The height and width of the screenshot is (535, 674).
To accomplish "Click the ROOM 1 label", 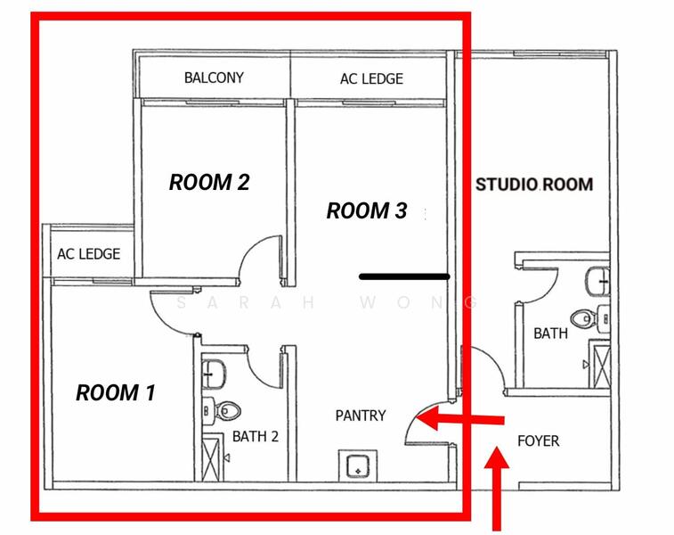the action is click(x=115, y=392).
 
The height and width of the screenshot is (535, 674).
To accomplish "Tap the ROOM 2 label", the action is click(x=209, y=182).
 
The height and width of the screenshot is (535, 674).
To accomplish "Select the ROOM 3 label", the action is click(x=367, y=211).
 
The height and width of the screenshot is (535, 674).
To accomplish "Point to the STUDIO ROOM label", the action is click(x=534, y=185).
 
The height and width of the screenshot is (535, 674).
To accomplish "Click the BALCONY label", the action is click(x=214, y=78).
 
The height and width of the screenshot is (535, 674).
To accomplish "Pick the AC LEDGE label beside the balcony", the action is click(x=371, y=78).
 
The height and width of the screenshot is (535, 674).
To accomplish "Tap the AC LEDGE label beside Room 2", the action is click(x=88, y=254).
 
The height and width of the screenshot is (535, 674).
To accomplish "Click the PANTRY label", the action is click(x=361, y=416).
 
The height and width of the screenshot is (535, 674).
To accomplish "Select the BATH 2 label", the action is click(x=256, y=436).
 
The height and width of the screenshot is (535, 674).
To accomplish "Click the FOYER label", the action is click(x=538, y=441).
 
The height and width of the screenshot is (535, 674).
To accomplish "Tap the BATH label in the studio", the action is click(x=550, y=333).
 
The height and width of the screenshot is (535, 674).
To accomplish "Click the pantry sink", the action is click(x=358, y=465).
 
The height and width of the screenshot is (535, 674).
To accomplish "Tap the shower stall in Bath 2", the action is click(x=213, y=457).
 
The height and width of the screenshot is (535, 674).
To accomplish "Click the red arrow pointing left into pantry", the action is click(x=460, y=418).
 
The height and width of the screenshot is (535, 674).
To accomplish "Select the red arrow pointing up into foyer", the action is click(x=497, y=489).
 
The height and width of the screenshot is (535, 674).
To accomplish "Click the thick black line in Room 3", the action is click(x=404, y=276).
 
